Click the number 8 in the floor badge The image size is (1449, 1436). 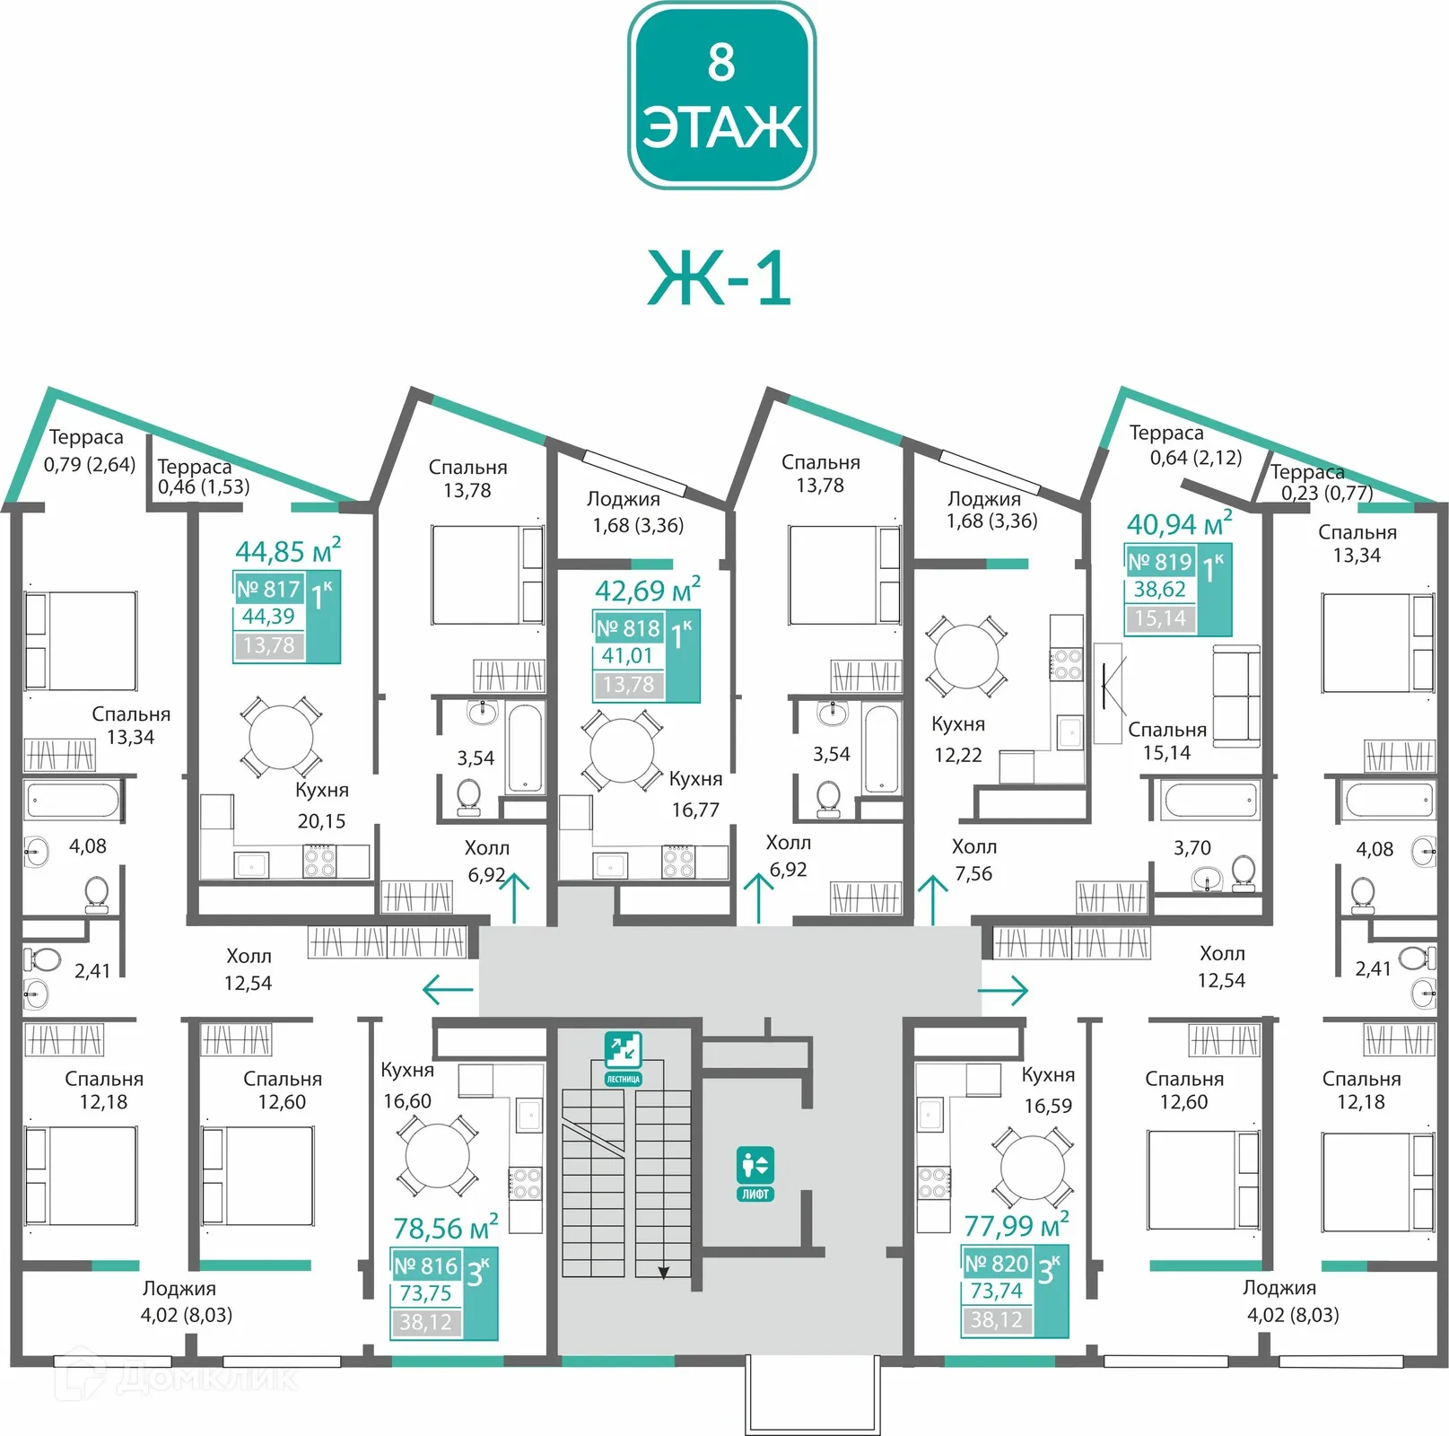click(x=721, y=62)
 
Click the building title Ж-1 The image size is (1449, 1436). click(x=720, y=278)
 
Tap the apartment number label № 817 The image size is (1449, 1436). click(x=268, y=589)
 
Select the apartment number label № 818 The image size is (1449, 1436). click(x=628, y=628)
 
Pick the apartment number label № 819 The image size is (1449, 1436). click(x=1160, y=562)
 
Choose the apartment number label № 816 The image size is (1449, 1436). click(x=425, y=1265)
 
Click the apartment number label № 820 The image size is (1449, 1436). click(x=996, y=1264)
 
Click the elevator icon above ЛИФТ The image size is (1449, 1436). click(x=755, y=1165)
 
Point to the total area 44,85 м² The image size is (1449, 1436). click(x=288, y=549)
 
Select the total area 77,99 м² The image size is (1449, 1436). click(x=1017, y=1224)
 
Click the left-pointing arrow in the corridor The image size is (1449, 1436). click(x=448, y=990)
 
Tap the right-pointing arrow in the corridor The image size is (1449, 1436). click(x=1003, y=991)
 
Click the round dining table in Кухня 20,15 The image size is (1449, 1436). click(x=281, y=737)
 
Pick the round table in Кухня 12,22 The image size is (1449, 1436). click(x=966, y=657)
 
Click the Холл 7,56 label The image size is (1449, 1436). click(x=974, y=860)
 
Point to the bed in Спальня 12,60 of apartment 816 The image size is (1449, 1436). click(x=258, y=1176)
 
